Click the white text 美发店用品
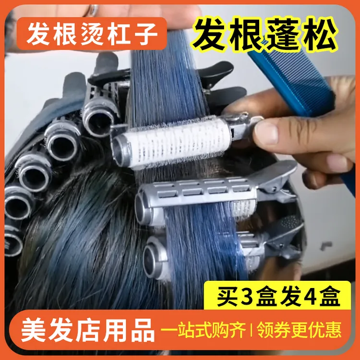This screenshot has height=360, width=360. point(89,330)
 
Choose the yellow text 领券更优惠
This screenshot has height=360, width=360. point(299,330)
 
